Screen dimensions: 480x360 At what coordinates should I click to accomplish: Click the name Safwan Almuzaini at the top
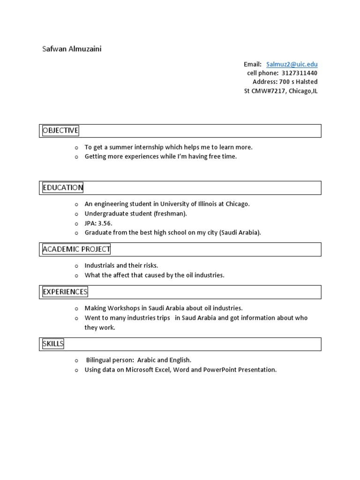point(72,49)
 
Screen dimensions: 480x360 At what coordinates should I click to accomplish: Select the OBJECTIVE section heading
point(60,130)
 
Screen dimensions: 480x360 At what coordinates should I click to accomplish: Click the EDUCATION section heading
point(63,187)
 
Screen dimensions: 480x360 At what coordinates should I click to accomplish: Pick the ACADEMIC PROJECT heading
point(76,249)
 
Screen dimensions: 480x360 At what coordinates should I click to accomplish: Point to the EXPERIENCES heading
point(65,292)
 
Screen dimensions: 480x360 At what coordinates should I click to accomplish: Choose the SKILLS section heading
point(53,344)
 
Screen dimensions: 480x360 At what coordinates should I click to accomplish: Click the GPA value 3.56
point(105,223)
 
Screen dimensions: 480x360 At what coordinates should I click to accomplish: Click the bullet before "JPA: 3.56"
point(76,224)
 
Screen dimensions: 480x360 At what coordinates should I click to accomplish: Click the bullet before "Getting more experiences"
point(76,157)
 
